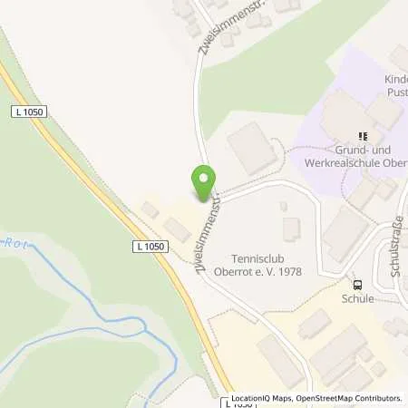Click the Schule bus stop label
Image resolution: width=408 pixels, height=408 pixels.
coord(357,298)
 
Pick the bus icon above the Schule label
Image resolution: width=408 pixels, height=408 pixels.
coord(357,283)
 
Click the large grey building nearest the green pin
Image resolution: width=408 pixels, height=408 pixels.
coord(253,148)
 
